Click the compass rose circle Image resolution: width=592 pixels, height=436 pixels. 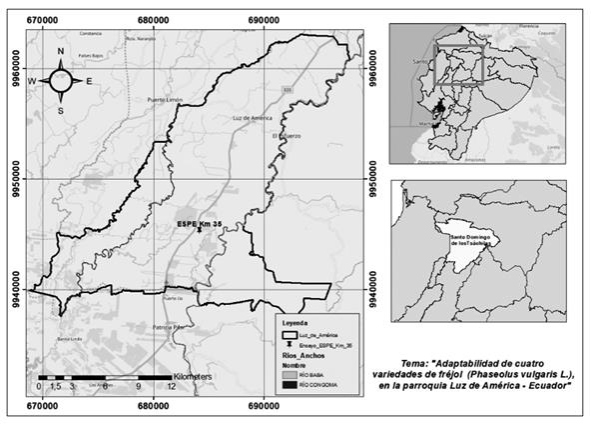[61, 79]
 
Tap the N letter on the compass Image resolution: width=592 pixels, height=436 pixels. [61, 51]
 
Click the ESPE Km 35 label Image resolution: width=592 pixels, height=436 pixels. [199, 224]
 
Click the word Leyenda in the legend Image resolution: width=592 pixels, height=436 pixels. [296, 324]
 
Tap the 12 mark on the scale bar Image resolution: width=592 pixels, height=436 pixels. [173, 385]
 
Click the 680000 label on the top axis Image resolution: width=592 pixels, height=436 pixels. [153, 17]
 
